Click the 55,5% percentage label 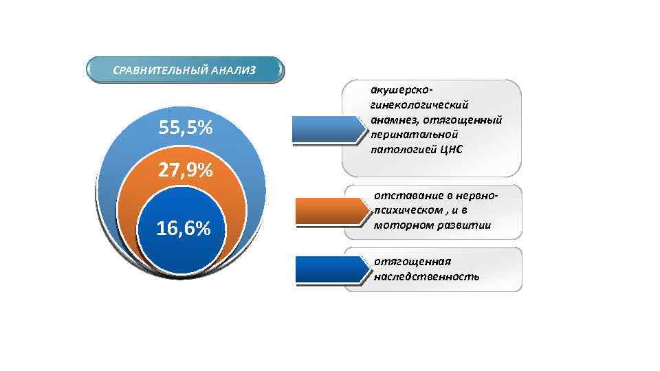[185, 128]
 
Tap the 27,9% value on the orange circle [185, 170]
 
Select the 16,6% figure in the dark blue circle [183, 229]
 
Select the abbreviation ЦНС [449, 150]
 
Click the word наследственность [426, 276]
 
